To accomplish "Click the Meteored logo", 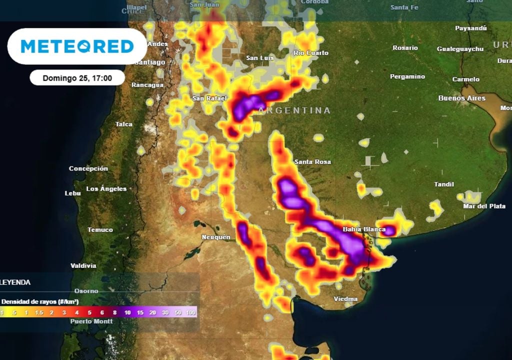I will (77, 46).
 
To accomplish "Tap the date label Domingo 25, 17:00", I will (77, 78).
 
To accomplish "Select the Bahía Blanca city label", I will (364, 229).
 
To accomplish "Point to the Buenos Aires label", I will (461, 98).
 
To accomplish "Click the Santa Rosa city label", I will (312, 161).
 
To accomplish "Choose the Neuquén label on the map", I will (215, 236).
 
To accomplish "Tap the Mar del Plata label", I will (484, 206).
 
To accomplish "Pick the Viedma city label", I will (345, 299).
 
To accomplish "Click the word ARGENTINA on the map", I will (294, 110).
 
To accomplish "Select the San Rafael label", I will (210, 98).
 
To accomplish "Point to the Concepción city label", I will (88, 168).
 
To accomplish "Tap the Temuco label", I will (100, 229).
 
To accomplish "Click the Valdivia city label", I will (83, 265).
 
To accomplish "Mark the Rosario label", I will (405, 47).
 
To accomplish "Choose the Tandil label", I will (444, 184).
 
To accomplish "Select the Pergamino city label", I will (407, 76).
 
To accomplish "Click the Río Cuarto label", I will (311, 52).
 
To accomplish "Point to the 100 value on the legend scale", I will (190, 312).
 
